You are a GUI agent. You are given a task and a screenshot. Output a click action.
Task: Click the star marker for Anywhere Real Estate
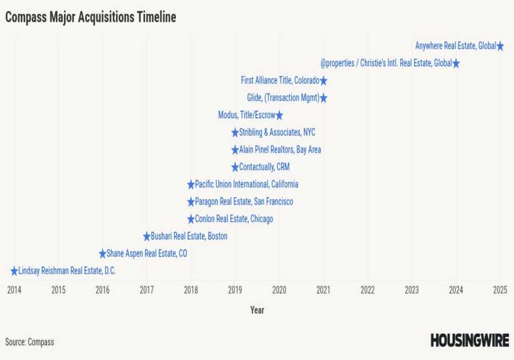pyautogui.click(x=500, y=46)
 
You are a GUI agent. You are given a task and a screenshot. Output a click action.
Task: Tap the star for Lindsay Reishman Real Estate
pyautogui.click(x=14, y=271)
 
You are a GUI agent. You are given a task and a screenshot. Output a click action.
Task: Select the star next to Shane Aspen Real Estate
pyautogui.click(x=103, y=254)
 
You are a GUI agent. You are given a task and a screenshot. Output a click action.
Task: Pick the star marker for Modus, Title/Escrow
pyautogui.click(x=279, y=115)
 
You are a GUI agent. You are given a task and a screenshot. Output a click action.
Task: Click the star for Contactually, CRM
pyautogui.click(x=235, y=167)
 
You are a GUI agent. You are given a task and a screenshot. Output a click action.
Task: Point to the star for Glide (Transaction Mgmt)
pyautogui.click(x=323, y=98)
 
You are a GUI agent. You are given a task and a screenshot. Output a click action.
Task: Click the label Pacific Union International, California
pyautogui.click(x=246, y=185)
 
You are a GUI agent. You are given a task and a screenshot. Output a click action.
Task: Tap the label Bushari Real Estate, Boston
pyautogui.click(x=188, y=237)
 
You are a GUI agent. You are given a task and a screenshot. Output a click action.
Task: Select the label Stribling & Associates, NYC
pyautogui.click(x=277, y=133)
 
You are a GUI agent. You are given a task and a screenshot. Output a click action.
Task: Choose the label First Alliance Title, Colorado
pyautogui.click(x=280, y=81)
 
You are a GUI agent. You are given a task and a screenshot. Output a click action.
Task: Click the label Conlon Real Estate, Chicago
pyautogui.click(x=234, y=219)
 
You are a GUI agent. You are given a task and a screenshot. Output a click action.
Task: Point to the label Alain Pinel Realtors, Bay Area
pyautogui.click(x=280, y=150)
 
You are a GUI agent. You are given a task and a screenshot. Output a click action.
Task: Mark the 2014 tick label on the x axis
pyautogui.click(x=14, y=290)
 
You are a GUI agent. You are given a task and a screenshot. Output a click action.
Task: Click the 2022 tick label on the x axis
pyautogui.click(x=368, y=290)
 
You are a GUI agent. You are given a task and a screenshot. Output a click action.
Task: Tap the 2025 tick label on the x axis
pyautogui.click(x=500, y=290)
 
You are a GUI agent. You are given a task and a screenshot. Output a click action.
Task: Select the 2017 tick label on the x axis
pyautogui.click(x=147, y=290)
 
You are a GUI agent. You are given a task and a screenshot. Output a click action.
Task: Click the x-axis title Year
pyautogui.click(x=257, y=310)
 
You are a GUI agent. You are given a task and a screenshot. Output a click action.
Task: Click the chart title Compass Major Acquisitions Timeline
pyautogui.click(x=90, y=18)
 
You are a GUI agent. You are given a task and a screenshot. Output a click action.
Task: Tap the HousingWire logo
pyautogui.click(x=469, y=341)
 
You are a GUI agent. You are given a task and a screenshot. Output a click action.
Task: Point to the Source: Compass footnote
pyautogui.click(x=30, y=342)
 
